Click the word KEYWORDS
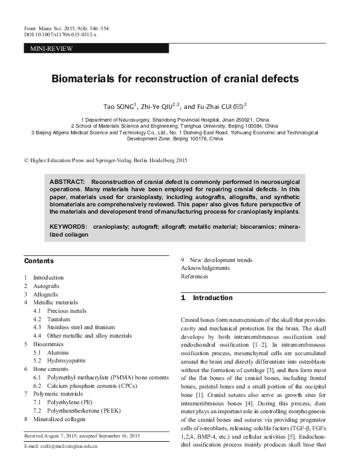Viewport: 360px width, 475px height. click(68, 227)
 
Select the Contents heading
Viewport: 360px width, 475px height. click(39, 261)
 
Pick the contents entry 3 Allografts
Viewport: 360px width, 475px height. click(43, 294)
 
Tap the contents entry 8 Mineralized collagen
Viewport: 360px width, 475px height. click(55, 418)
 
